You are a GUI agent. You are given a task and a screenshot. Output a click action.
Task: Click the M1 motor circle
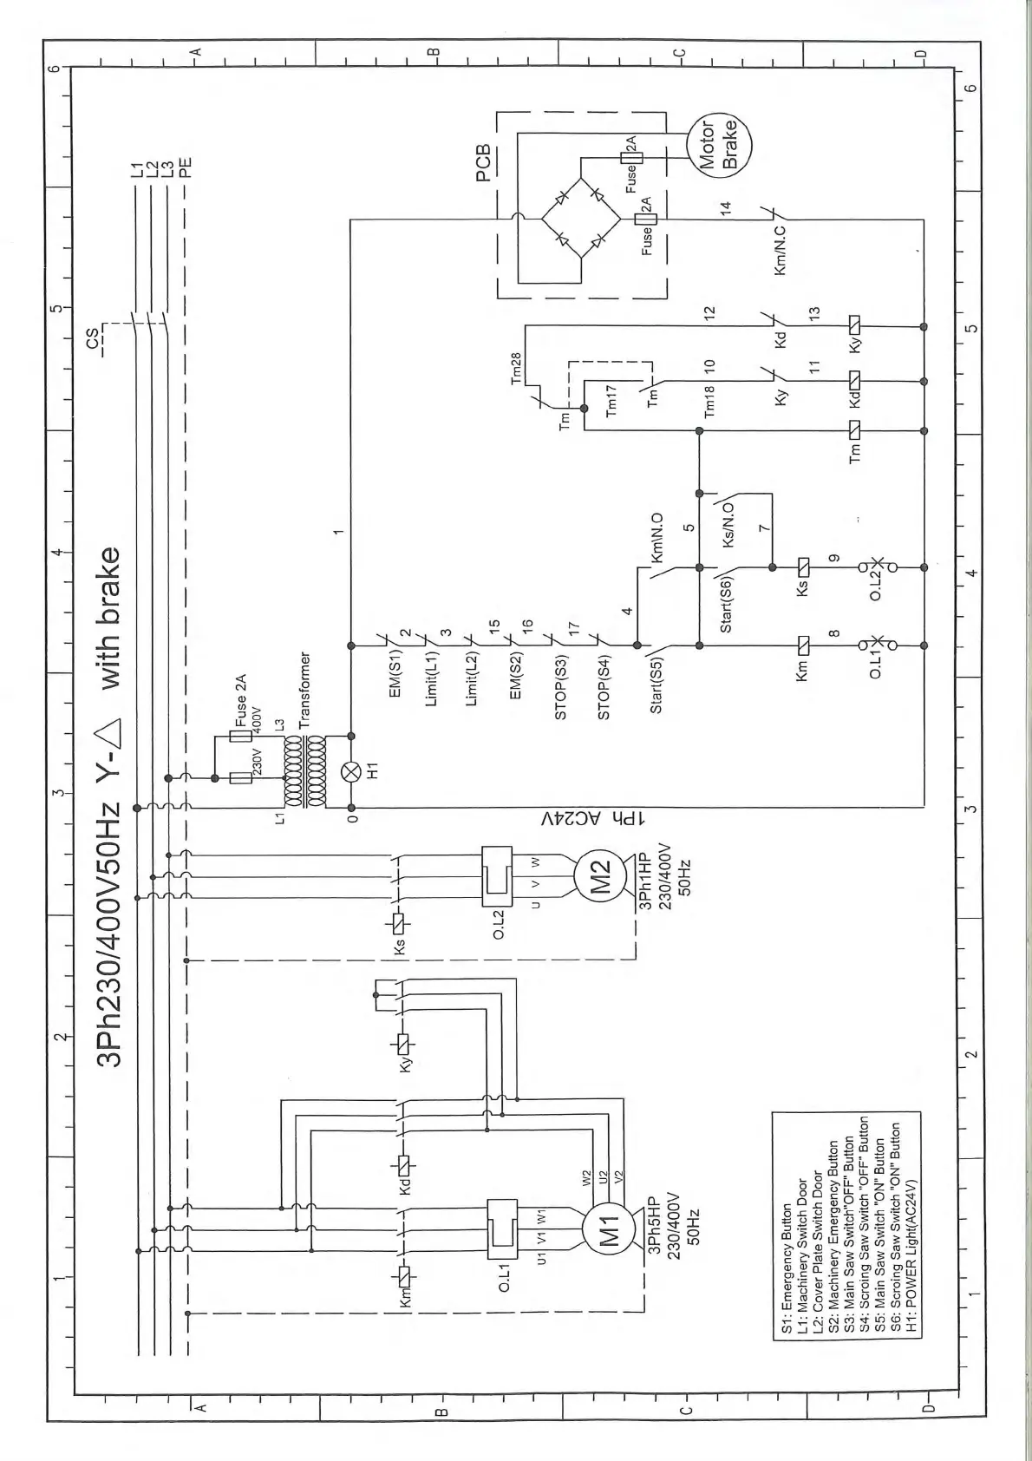[x=611, y=1227]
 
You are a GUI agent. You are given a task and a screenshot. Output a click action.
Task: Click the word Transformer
[x=304, y=690]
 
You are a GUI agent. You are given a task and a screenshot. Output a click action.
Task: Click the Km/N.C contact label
[x=780, y=252]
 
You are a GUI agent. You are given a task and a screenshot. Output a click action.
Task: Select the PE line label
[x=185, y=165]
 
